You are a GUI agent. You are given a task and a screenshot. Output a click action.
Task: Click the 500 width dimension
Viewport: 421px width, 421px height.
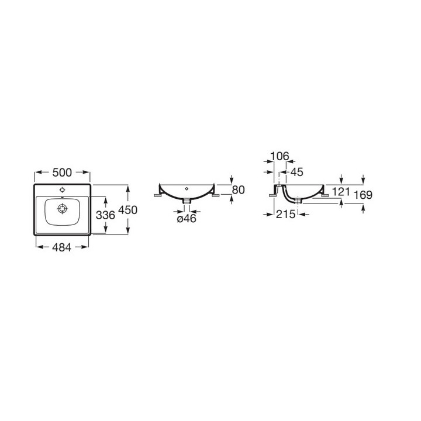62,172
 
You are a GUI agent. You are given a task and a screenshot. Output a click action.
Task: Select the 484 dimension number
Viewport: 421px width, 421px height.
62,247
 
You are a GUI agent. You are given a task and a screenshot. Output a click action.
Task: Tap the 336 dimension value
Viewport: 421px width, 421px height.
105,215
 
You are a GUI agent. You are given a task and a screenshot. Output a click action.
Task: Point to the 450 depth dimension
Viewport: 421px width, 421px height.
128,210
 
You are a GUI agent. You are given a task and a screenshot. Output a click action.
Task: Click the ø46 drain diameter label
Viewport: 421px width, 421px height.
187,219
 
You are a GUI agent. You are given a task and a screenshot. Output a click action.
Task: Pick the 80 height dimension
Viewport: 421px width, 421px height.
238,190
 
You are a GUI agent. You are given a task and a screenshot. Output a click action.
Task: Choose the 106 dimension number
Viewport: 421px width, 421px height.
279,156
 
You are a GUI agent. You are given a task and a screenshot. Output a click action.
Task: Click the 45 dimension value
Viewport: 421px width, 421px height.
296,172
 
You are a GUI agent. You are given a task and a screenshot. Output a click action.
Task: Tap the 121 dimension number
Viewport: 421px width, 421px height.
341,192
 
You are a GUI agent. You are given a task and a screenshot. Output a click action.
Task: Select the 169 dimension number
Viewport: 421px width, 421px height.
363,195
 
